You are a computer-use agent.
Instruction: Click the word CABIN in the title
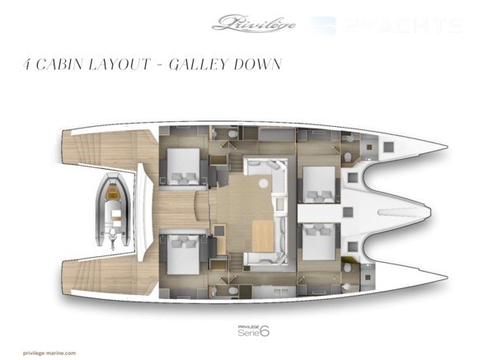pos(59,64)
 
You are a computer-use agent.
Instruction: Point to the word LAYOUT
pos(119,64)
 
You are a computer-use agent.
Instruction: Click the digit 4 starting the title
pos(27,64)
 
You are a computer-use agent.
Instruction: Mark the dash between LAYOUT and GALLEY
pos(160,65)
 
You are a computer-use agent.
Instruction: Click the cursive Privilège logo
pos(254,23)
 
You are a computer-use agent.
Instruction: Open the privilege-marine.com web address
pos(49,353)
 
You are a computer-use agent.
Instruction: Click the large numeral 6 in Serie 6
pos(265,331)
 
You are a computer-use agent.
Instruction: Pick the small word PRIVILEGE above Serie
pos(248,327)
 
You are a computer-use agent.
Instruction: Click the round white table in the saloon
pos(264,183)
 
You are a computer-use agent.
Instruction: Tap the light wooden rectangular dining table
pos(263,236)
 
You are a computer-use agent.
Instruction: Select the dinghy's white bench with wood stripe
pos(116,216)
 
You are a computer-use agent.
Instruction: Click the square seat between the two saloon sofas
pos(279,204)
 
